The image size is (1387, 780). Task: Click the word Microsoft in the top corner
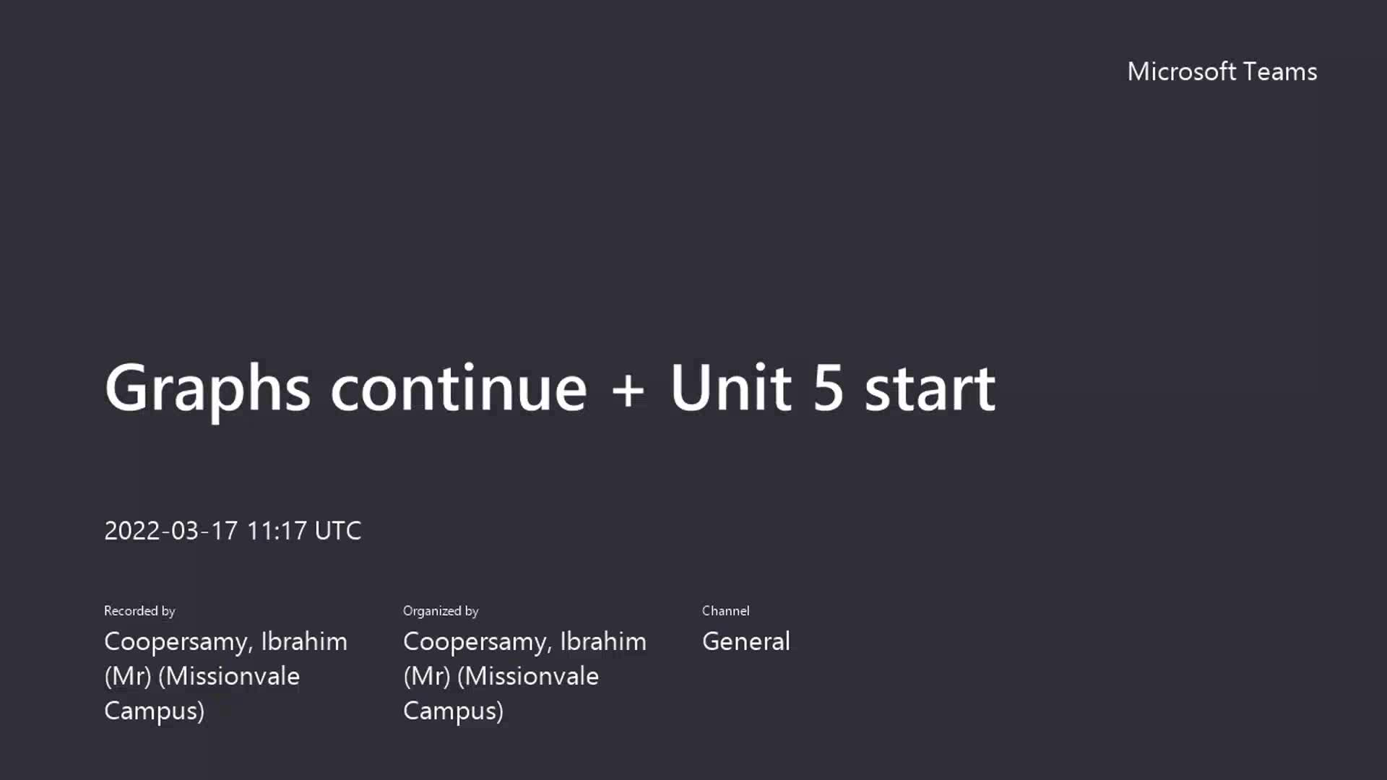(1182, 71)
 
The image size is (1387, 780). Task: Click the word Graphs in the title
(207, 389)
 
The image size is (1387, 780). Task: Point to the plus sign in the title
(628, 391)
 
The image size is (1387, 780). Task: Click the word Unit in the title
(730, 388)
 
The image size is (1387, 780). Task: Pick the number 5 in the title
(828, 389)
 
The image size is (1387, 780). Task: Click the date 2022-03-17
(170, 531)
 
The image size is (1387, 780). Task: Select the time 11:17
(277, 531)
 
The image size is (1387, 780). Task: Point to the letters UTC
(338, 531)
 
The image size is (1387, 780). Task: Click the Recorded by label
(139, 611)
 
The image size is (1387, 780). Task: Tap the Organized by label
(441, 611)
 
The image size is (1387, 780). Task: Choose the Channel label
(725, 611)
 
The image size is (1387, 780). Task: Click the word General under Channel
(746, 641)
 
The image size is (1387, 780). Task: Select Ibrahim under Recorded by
(304, 641)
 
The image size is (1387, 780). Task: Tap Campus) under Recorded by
(154, 711)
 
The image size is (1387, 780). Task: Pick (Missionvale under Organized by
(528, 677)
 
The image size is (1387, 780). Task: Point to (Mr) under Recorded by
(128, 677)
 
